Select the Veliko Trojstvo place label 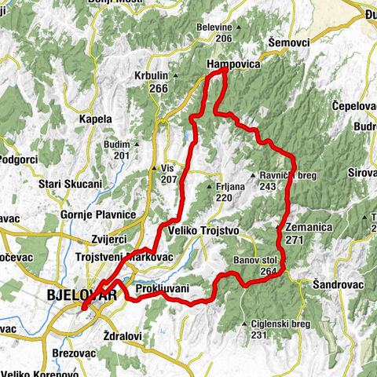[x=203, y=231]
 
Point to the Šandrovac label [x=336, y=283]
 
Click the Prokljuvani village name [x=163, y=290]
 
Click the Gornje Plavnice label [x=99, y=214]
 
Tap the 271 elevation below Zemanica [x=295, y=240]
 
